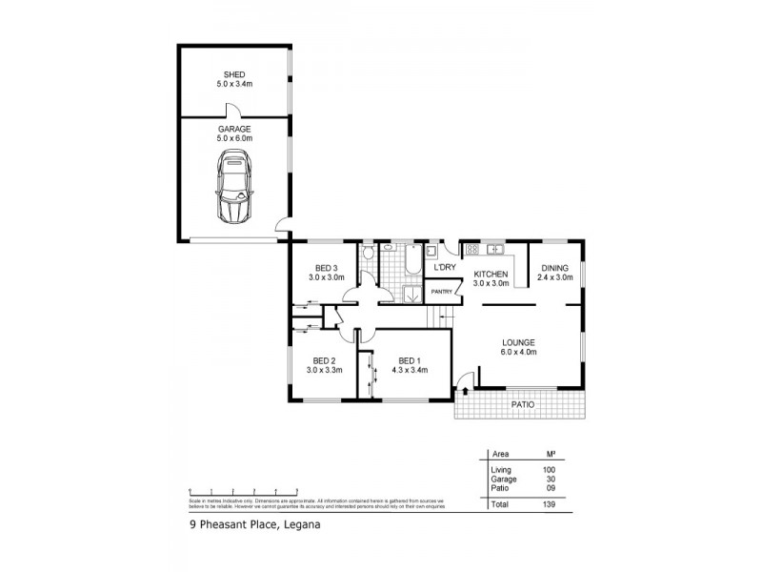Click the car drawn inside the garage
pyautogui.click(x=234, y=185)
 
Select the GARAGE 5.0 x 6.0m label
pyautogui.click(x=234, y=133)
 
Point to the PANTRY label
pyautogui.click(x=440, y=292)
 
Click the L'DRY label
pyautogui.click(x=445, y=268)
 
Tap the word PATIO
pyautogui.click(x=523, y=405)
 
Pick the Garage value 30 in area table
pyautogui.click(x=550, y=480)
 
